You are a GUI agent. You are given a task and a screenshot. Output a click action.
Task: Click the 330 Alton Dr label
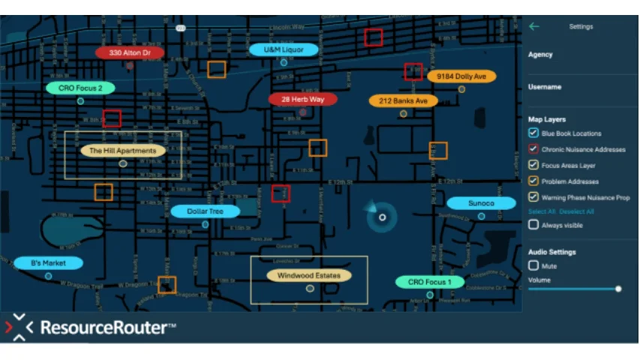130,53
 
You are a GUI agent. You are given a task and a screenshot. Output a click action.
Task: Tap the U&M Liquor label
284,49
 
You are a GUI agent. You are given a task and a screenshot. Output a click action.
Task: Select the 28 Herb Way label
303,99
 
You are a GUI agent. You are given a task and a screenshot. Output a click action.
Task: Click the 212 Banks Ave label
403,100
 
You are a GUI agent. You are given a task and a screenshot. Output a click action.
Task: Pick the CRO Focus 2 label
80,88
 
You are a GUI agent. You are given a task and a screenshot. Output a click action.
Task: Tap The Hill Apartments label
123,151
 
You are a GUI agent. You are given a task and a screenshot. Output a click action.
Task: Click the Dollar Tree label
205,211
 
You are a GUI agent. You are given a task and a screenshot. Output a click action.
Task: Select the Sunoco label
481,203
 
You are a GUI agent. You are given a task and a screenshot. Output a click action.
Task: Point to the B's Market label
48,263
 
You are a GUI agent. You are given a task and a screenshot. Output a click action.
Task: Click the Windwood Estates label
309,275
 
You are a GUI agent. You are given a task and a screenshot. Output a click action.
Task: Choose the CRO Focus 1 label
430,282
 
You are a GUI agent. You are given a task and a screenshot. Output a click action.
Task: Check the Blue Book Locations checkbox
533,133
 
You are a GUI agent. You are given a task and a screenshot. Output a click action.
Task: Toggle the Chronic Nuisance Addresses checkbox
533,149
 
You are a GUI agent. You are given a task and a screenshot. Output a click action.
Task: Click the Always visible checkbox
533,224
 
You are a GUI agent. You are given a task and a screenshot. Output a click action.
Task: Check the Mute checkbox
533,265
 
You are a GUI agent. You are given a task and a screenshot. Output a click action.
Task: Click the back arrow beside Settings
533,26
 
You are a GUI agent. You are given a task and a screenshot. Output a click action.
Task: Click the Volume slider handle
618,289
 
